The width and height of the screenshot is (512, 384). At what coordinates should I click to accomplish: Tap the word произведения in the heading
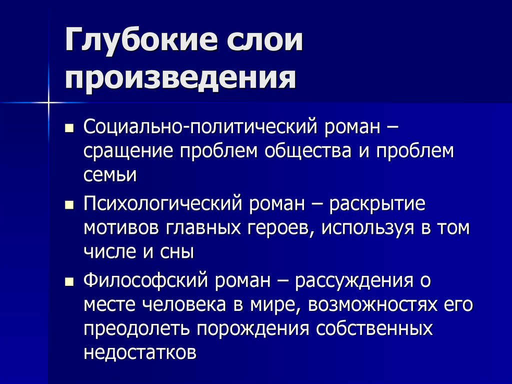click(x=179, y=79)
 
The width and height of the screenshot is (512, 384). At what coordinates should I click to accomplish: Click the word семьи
click(x=110, y=175)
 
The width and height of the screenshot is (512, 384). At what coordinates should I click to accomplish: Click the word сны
click(x=179, y=252)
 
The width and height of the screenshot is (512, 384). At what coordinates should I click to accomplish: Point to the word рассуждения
click(x=355, y=281)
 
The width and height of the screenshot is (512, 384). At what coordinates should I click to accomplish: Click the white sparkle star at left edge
click(x=48, y=103)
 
